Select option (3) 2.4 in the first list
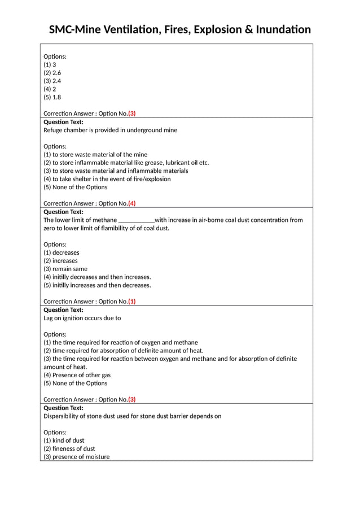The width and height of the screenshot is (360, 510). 52,81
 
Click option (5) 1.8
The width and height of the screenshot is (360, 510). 52,97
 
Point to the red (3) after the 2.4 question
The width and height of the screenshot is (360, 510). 132,114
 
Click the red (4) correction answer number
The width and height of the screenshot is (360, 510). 132,203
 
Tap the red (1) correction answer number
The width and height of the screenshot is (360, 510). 132,301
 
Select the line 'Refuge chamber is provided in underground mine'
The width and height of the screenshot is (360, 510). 110,130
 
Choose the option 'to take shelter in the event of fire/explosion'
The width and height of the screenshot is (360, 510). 107,179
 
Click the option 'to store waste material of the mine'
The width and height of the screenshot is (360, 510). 95,154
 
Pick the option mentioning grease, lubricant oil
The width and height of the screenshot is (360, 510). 126,163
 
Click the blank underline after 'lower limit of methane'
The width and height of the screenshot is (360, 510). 136,220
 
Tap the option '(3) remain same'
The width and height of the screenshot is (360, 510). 65,269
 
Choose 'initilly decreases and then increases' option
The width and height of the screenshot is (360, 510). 97,277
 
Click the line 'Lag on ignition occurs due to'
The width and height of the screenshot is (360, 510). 82,318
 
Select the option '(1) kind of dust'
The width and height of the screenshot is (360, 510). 64,441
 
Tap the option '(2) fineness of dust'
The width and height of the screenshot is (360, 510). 69,448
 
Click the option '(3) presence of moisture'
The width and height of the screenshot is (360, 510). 77,457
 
